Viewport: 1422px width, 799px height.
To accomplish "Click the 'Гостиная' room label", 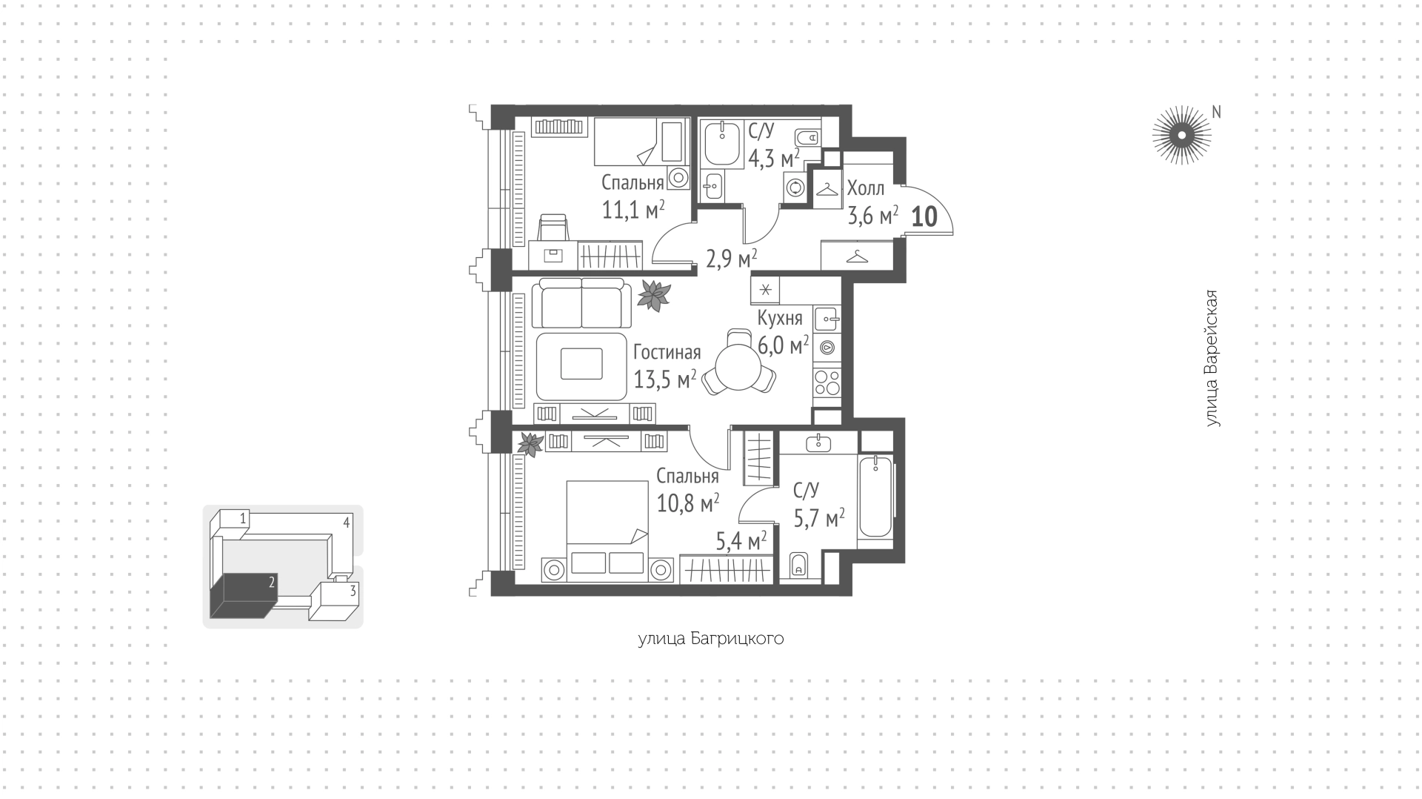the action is (667, 353).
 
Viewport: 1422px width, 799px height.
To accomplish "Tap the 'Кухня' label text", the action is (780, 318).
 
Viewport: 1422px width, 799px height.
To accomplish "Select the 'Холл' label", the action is (866, 188).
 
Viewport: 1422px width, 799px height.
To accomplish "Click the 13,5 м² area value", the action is (665, 379).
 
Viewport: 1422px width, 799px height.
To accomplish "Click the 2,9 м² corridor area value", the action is (731, 259).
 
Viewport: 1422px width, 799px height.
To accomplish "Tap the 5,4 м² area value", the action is (741, 542).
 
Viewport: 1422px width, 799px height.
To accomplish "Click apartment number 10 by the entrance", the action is (924, 216).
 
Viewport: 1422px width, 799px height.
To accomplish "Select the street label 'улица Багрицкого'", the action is (711, 639).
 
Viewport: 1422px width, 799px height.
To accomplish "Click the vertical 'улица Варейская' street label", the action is (1212, 358).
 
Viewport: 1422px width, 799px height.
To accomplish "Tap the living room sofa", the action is (581, 302).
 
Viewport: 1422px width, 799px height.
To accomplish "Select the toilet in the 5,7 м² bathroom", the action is (798, 565).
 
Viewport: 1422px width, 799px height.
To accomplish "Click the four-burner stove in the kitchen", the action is (827, 382).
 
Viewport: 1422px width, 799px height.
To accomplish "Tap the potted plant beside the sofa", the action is (654, 295).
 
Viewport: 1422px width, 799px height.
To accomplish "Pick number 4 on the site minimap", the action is (346, 523).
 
